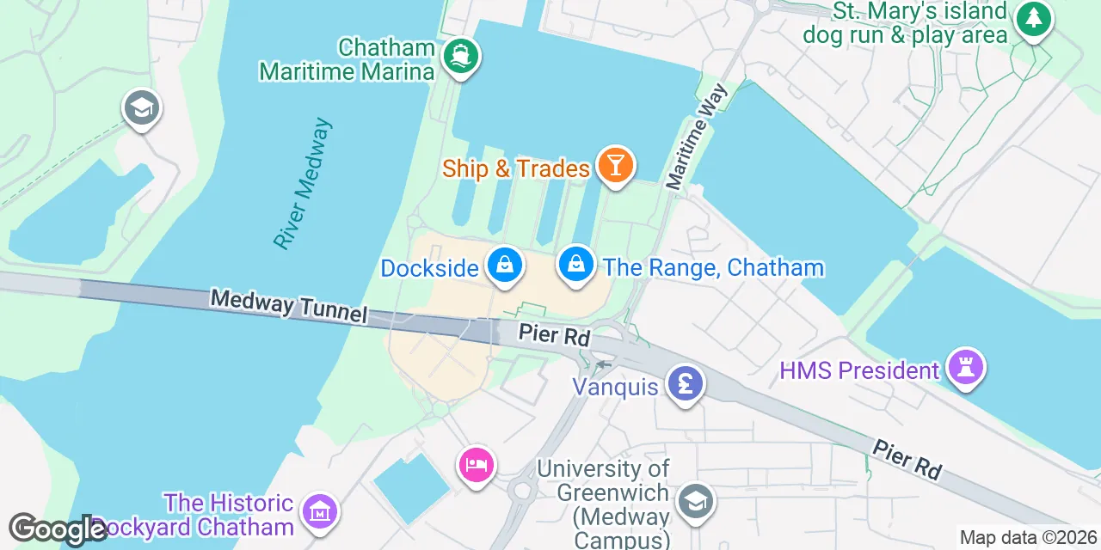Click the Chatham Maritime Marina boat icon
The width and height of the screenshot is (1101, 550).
[461, 56]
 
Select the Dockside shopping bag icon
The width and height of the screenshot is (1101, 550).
[506, 265]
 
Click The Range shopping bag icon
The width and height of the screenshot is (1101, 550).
[576, 265]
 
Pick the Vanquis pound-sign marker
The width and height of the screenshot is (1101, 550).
[685, 382]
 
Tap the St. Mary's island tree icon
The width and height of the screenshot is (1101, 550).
[1033, 19]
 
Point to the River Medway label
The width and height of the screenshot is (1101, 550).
[303, 184]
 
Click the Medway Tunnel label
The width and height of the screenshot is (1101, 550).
[288, 306]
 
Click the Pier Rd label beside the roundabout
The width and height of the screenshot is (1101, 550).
[553, 334]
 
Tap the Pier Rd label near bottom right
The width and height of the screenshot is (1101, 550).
[907, 459]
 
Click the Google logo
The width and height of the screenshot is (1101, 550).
[58, 529]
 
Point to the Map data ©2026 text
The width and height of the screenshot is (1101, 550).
[1029, 538]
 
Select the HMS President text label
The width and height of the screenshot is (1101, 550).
[859, 371]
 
